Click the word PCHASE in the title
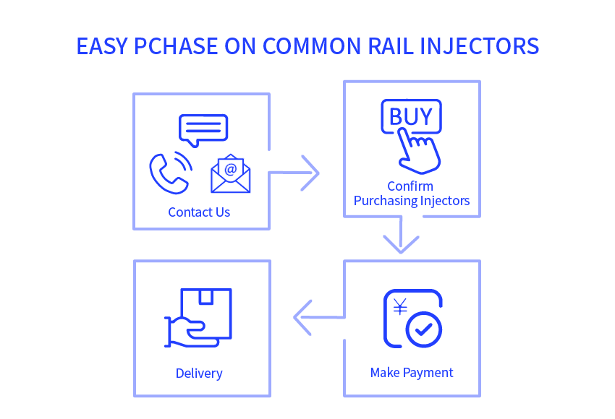click(x=176, y=46)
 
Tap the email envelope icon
click(x=231, y=174)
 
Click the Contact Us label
click(x=199, y=212)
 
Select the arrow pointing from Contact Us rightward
click(x=294, y=173)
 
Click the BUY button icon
click(x=412, y=116)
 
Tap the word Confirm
click(x=410, y=186)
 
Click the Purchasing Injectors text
click(x=412, y=201)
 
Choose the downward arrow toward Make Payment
click(x=401, y=234)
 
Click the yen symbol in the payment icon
click(x=400, y=307)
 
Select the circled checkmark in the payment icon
click(x=423, y=329)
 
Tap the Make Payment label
click(x=412, y=373)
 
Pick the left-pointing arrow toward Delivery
click(x=319, y=317)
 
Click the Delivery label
click(x=199, y=373)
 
